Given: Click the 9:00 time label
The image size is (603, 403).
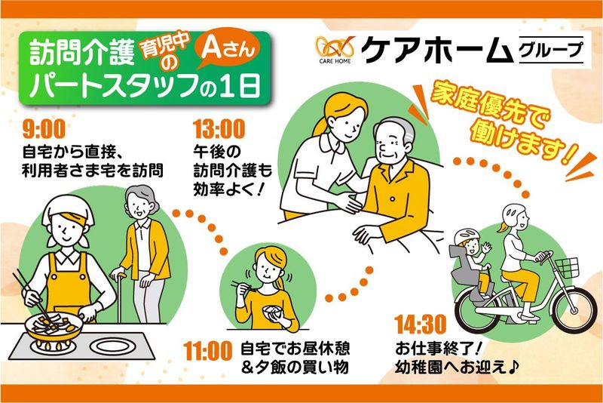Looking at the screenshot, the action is (44, 129).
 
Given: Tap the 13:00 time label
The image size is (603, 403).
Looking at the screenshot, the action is (219, 129).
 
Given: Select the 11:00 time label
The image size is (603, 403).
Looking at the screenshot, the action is (208, 351).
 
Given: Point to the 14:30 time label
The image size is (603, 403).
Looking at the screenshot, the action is (421, 325).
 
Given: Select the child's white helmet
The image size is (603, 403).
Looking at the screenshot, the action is (464, 236).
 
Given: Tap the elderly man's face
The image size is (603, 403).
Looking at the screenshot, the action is (392, 143).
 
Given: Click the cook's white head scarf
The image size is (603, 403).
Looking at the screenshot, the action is (66, 211).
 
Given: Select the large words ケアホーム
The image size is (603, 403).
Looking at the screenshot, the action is (438, 50).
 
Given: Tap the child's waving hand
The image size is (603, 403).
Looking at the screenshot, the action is (486, 246).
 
